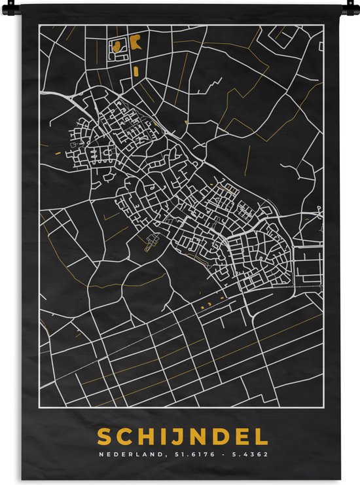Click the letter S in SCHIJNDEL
(x=104, y=437)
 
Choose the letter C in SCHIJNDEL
(x=124, y=437)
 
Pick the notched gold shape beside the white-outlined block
(x=135, y=43)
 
